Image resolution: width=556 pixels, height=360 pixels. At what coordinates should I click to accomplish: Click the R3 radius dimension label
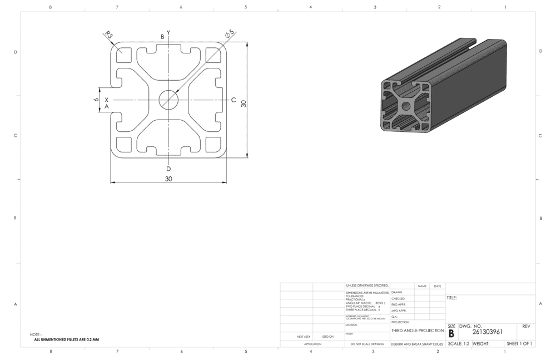pos(108,35)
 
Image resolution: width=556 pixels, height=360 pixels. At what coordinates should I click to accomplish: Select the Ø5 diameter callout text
pos(229,34)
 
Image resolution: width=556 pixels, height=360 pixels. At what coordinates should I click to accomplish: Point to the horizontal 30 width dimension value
pos(168,179)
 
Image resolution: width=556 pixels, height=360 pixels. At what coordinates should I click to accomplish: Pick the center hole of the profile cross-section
pos(168,100)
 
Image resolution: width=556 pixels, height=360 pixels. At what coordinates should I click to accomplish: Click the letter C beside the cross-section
pos(234,100)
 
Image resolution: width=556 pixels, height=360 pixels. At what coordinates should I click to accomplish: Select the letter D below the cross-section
pos(168,169)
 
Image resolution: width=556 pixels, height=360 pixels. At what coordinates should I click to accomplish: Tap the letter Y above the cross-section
pos(168,32)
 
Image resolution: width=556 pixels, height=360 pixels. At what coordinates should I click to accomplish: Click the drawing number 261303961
pos(488,332)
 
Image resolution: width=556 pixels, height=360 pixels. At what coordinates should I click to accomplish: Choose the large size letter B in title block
pos(451,333)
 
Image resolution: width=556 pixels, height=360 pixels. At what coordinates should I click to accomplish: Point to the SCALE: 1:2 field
pos(458,344)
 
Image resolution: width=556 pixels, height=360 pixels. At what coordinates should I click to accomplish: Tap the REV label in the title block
pos(527,326)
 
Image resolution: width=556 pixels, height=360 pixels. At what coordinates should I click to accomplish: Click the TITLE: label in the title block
pos(452,298)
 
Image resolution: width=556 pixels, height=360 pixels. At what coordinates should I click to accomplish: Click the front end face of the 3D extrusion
pos(406,106)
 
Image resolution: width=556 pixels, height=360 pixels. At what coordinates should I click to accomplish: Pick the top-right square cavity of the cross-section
pos(213,55)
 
